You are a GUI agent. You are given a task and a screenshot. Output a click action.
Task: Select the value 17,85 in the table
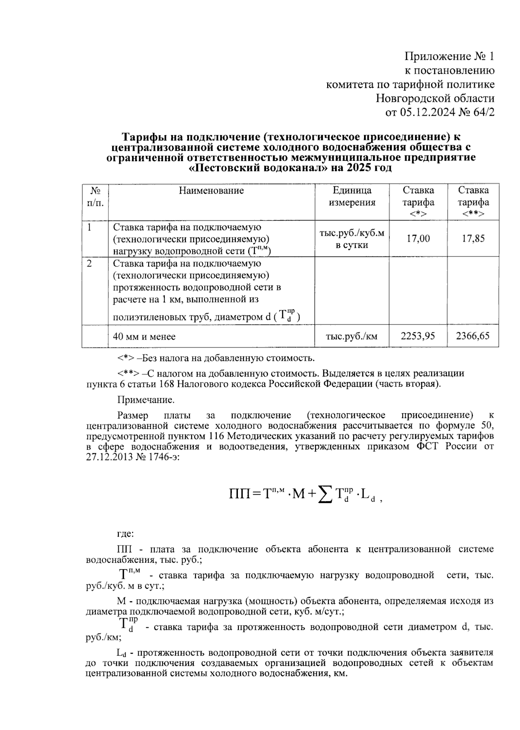point(473,238)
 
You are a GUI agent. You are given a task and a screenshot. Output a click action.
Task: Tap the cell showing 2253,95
point(418,336)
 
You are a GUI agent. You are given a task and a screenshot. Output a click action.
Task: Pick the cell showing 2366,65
point(473,336)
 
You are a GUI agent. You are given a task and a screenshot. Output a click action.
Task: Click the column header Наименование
point(211,191)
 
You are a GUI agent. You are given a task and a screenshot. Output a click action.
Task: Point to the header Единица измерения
point(352,196)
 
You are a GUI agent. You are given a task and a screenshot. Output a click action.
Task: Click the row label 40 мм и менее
point(144,337)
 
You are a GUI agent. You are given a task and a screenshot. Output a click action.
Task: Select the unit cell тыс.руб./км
point(351,336)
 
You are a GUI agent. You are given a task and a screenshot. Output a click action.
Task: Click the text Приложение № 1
point(449,57)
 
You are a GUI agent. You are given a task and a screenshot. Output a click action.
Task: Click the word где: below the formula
point(126,533)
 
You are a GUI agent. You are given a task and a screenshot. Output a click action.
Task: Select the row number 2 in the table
point(89,263)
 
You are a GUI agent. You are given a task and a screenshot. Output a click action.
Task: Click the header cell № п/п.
point(95,196)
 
